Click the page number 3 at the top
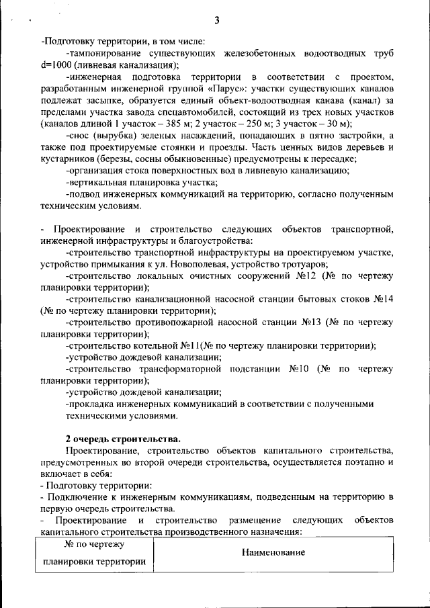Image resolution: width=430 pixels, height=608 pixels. tap(217, 21)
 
